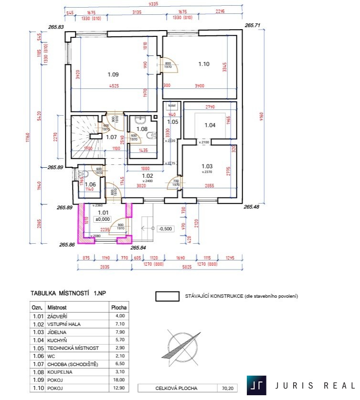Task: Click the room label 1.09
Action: [x=113, y=74]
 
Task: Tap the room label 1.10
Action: [x=204, y=63]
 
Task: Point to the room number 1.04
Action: [x=210, y=125]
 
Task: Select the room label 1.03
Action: [x=206, y=166]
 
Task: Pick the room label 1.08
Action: [x=142, y=129]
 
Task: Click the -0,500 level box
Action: [x=166, y=228]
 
